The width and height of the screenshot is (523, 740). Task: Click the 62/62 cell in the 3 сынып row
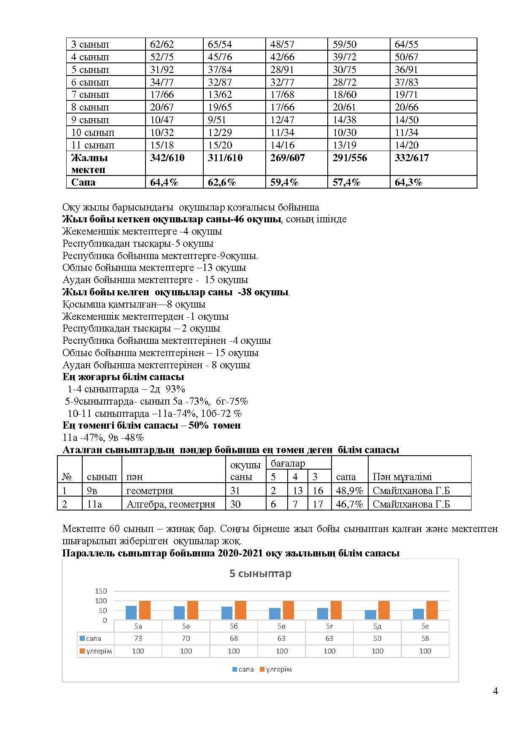(x=162, y=44)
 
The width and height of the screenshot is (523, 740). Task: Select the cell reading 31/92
(x=162, y=70)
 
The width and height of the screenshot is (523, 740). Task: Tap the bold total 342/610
(x=167, y=158)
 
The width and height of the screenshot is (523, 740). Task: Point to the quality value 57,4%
(x=346, y=182)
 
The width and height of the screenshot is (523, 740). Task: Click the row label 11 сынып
(x=93, y=145)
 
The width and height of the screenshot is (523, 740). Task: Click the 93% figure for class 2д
(x=175, y=389)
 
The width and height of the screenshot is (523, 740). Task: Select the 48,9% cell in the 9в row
(x=349, y=491)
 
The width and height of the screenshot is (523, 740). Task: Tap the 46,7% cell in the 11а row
(x=349, y=504)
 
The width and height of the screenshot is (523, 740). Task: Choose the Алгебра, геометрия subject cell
(x=171, y=504)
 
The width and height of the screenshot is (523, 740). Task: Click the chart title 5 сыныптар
(x=260, y=574)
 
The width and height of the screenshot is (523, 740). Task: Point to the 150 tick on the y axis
(x=101, y=591)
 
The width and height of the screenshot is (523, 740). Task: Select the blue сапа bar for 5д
(x=370, y=615)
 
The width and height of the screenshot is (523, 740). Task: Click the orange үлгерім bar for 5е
(x=432, y=610)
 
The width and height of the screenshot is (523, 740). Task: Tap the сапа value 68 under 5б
(x=234, y=639)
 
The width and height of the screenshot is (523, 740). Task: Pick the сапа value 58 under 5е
(x=425, y=639)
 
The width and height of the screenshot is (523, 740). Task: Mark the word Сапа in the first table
(x=83, y=182)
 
